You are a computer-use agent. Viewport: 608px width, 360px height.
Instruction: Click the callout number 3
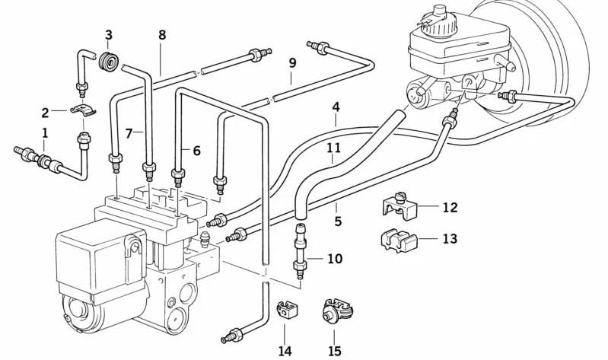click(109, 35)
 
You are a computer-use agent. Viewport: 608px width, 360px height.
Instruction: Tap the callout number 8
click(162, 35)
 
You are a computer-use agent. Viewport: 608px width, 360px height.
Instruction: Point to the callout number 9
click(292, 62)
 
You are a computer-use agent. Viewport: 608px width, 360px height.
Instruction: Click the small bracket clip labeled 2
click(83, 110)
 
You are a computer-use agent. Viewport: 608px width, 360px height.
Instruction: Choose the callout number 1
click(45, 133)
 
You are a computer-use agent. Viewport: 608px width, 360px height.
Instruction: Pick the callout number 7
click(129, 134)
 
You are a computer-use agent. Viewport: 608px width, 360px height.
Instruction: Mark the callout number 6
click(196, 151)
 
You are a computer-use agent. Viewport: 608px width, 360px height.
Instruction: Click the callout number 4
click(336, 107)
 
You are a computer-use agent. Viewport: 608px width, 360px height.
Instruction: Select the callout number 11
click(333, 148)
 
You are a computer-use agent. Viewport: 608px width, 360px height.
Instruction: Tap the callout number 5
click(338, 221)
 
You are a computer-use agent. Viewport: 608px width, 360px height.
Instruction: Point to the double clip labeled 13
click(397, 241)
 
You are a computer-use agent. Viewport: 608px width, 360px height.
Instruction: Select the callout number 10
click(335, 258)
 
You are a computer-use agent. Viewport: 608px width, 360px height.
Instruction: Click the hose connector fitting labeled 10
click(300, 251)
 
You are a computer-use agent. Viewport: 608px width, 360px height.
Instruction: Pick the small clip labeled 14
click(285, 310)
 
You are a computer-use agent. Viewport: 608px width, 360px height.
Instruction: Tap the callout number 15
click(334, 351)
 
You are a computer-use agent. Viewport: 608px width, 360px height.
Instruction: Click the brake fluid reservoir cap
click(438, 19)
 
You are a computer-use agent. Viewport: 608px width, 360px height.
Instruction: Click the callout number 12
click(450, 207)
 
